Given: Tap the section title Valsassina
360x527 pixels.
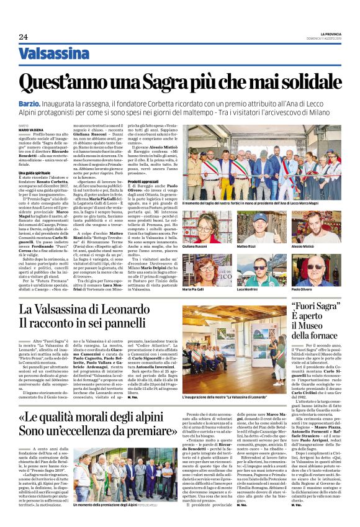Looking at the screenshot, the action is point(54,54).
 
